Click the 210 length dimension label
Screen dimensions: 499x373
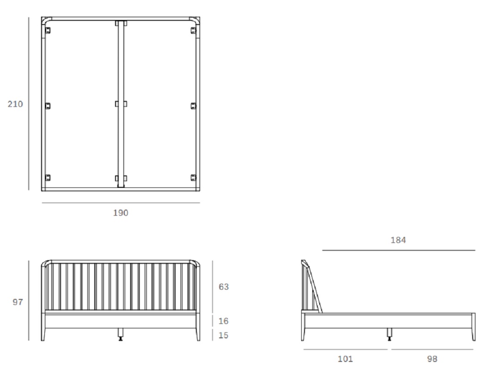pos(15,104)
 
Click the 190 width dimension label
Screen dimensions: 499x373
pos(121,212)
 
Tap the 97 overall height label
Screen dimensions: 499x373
pos(18,302)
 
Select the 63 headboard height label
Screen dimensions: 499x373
pos(224,286)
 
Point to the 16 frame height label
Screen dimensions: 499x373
pos(224,321)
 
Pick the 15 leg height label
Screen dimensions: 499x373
pos(224,335)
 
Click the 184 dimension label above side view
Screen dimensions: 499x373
pos(398,240)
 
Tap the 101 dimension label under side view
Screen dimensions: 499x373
pos(345,359)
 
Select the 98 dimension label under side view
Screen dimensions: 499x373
pos(432,359)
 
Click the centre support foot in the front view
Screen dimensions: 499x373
pos(121,335)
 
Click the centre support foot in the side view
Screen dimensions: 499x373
pos(389,335)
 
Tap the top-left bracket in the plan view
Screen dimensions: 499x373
pos(48,31)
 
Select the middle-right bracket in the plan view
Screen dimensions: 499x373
pos(194,106)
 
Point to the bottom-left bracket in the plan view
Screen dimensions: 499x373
pos(48,178)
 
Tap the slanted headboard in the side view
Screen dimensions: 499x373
pos(313,286)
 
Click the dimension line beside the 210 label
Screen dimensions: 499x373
pos(29,104)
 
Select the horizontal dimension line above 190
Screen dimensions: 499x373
pos(121,202)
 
